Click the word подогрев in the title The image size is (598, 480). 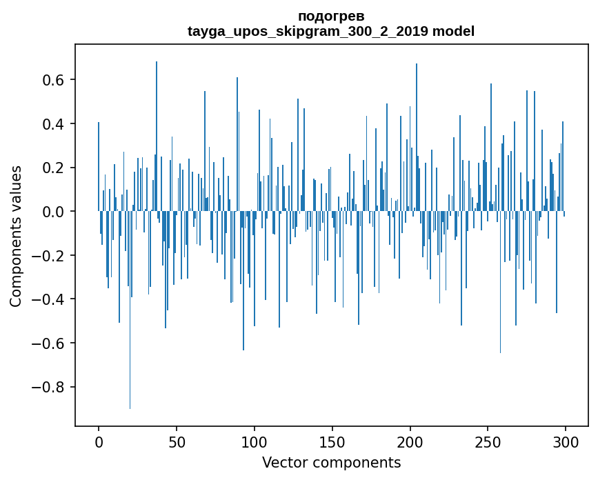331,16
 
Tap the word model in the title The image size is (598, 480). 453,31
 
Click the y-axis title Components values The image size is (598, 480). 16,236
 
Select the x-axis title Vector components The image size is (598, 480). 331,462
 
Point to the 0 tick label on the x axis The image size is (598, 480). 99,441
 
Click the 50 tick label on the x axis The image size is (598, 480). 177,441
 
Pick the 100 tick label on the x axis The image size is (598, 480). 255,441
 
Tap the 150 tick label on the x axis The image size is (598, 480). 332,441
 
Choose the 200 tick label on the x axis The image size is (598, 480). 410,441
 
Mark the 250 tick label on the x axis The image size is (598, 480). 488,441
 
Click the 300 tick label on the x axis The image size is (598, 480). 566,441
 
